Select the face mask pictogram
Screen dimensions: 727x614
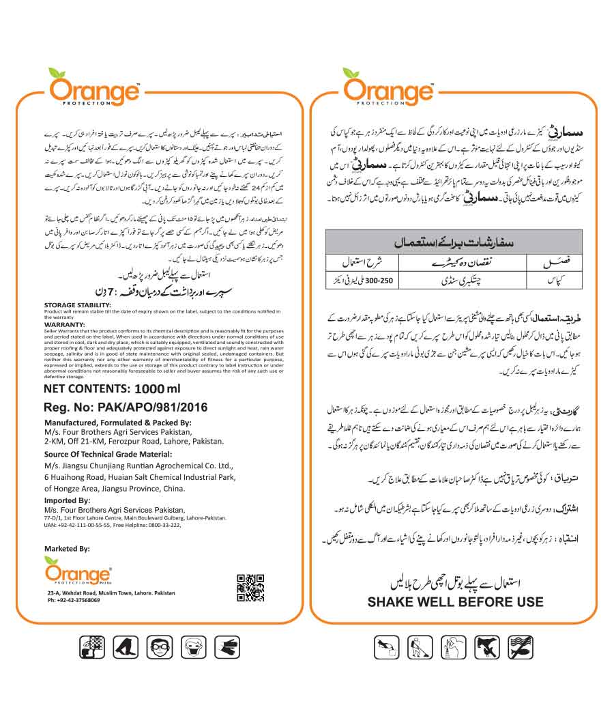(192, 646)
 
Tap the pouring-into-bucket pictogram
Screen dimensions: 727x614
(386, 646)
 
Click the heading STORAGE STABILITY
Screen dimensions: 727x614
(76, 305)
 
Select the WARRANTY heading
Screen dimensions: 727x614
(64, 325)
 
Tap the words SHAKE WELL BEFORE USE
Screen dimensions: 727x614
(455, 602)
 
